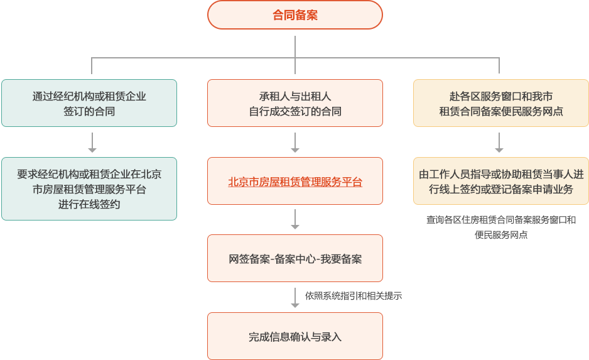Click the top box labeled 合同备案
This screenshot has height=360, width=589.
click(x=294, y=14)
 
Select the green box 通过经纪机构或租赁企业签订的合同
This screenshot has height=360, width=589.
click(x=89, y=103)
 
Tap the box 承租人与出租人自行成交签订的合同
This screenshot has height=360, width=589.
click(x=294, y=103)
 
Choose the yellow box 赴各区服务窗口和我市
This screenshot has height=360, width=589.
click(x=500, y=103)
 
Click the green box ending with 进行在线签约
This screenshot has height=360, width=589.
click(x=89, y=189)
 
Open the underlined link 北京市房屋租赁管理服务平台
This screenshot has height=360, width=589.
click(x=294, y=182)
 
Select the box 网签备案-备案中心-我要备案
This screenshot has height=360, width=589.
click(x=294, y=259)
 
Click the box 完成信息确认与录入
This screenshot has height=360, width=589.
click(x=294, y=337)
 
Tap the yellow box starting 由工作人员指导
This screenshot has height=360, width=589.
click(x=500, y=182)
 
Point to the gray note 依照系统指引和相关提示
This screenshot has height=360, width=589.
click(x=353, y=295)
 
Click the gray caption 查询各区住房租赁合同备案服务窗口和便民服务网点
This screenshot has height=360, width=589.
click(x=500, y=227)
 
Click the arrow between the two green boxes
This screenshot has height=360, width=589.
click(x=92, y=143)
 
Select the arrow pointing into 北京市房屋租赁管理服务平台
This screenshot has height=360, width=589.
click(x=294, y=143)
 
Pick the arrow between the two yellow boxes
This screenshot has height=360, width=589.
click(x=499, y=143)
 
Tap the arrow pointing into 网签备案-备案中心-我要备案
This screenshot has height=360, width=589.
click(x=294, y=219)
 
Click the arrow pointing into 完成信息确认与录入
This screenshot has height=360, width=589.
click(x=294, y=297)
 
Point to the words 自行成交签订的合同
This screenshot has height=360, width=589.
click(x=294, y=112)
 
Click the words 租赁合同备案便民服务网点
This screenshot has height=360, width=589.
click(x=500, y=112)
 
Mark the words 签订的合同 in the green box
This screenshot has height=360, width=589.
click(x=89, y=112)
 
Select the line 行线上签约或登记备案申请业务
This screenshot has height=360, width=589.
click(x=500, y=189)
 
